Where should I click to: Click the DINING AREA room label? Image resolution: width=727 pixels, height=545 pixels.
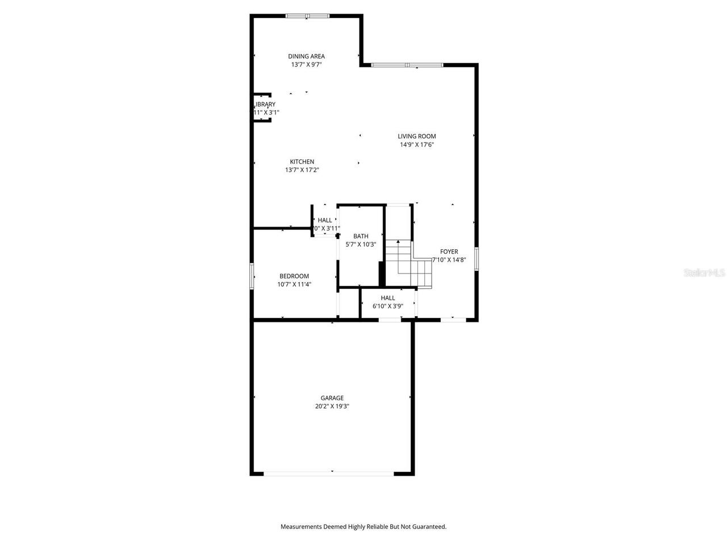tap(306, 56)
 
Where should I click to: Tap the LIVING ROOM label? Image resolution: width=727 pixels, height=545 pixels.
tap(416, 136)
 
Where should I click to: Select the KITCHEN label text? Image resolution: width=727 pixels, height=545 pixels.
tap(302, 162)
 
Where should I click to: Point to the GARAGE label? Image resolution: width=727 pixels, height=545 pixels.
tap(332, 398)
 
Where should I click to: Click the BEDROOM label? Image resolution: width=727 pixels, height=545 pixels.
tap(294, 276)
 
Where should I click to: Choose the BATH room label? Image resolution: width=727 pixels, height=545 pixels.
tap(361, 236)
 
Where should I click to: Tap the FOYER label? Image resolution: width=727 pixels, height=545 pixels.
tap(449, 251)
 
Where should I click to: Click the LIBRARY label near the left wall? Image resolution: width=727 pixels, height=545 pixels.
tap(265, 104)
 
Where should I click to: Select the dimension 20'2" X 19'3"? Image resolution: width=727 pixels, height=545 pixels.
tap(332, 406)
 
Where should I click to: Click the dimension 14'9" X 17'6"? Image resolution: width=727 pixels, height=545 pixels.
tap(416, 145)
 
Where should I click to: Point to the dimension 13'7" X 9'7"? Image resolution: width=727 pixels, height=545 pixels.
tap(306, 65)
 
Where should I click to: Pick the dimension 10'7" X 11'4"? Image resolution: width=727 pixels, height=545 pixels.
tap(294, 284)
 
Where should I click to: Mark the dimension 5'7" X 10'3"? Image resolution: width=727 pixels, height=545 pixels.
tap(361, 245)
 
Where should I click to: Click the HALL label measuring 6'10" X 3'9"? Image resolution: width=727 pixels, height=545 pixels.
tap(388, 298)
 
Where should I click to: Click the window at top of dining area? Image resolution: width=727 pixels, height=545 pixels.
tap(307, 16)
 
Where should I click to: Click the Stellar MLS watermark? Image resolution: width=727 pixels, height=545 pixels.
tap(704, 273)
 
